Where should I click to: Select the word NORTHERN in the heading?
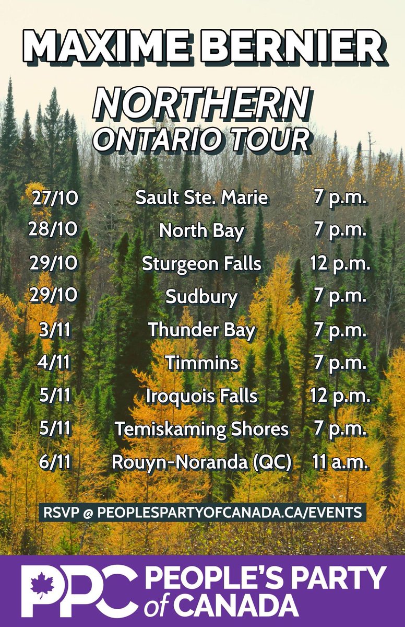pos(201,103)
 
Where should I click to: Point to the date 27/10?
pos(54,198)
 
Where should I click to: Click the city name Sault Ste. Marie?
pos(201,198)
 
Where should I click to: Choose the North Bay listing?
pos(201,231)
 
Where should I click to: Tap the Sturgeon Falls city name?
pos(201,264)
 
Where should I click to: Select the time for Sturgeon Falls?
pos(340,264)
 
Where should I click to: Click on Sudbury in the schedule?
pos(201,297)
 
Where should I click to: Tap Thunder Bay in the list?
pos(201,330)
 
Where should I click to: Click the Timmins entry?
pos(201,363)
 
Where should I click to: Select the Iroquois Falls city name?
pos(201,396)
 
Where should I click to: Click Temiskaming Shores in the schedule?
pos(201,429)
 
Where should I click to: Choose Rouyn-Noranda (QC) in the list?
pos(201,463)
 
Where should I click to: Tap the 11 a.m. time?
pos(340,463)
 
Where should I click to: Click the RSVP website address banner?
pos(202,513)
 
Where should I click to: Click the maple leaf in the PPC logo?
pos(42,585)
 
